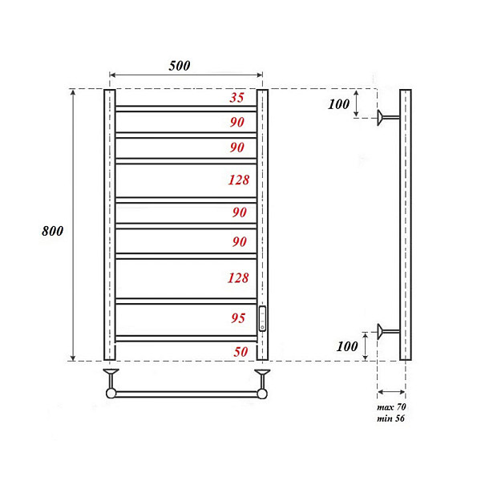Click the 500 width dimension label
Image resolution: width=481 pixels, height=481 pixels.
(x=180, y=66)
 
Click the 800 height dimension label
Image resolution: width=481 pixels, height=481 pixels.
(x=52, y=231)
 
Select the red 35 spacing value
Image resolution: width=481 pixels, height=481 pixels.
(x=236, y=99)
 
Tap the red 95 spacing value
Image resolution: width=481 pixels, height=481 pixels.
(x=238, y=318)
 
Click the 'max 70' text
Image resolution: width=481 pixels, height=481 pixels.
(x=391, y=408)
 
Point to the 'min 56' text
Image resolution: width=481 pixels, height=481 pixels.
(x=391, y=418)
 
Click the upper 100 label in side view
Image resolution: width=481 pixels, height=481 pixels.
(x=339, y=103)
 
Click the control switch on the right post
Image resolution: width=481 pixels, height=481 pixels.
(x=261, y=317)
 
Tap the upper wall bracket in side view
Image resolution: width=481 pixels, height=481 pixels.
(x=388, y=118)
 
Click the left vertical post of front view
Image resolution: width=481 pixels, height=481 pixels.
(x=109, y=224)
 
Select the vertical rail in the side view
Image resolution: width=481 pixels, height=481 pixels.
(x=405, y=224)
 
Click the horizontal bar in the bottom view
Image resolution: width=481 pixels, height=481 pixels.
(x=186, y=394)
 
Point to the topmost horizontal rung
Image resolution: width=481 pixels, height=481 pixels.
(x=186, y=107)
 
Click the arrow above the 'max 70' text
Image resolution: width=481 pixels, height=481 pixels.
(x=391, y=392)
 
